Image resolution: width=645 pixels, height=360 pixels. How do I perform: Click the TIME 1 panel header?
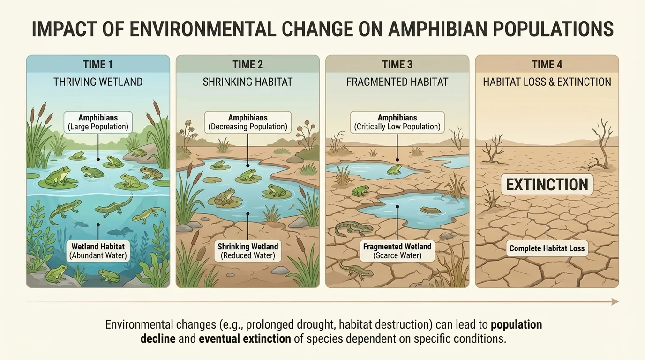click(97, 65)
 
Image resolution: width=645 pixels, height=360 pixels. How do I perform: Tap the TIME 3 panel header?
click(397, 65)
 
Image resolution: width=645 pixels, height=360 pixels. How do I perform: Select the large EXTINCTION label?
click(547, 185)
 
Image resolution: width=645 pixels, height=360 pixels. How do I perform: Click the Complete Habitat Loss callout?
click(547, 248)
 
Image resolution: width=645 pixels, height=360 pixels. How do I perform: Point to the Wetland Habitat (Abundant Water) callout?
click(98, 251)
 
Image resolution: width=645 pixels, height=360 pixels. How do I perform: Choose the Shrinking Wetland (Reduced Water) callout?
click(247, 251)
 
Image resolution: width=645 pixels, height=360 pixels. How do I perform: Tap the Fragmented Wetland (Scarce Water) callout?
click(397, 251)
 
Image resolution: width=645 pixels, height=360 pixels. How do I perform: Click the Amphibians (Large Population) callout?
click(97, 122)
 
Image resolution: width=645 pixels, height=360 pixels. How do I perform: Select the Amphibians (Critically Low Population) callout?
click(397, 122)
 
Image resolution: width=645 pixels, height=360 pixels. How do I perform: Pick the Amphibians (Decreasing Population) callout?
click(247, 122)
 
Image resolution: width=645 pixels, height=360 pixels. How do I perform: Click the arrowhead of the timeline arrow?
click(615, 302)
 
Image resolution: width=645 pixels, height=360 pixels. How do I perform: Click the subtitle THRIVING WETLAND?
click(97, 82)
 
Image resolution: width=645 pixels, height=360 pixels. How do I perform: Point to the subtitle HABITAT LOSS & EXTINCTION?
click(547, 82)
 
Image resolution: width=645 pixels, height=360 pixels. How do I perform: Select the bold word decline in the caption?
click(160, 338)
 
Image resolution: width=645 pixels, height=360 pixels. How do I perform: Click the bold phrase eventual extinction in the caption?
click(245, 338)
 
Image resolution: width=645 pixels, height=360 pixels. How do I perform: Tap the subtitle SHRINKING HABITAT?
click(247, 82)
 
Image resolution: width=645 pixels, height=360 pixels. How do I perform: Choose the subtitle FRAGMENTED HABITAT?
click(397, 82)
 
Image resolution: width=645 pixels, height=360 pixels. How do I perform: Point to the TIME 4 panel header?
click(547, 65)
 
